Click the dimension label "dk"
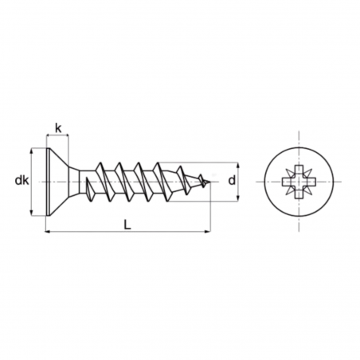click(x=22, y=182)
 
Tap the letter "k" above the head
click(x=58, y=127)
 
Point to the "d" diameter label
click(x=232, y=182)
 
